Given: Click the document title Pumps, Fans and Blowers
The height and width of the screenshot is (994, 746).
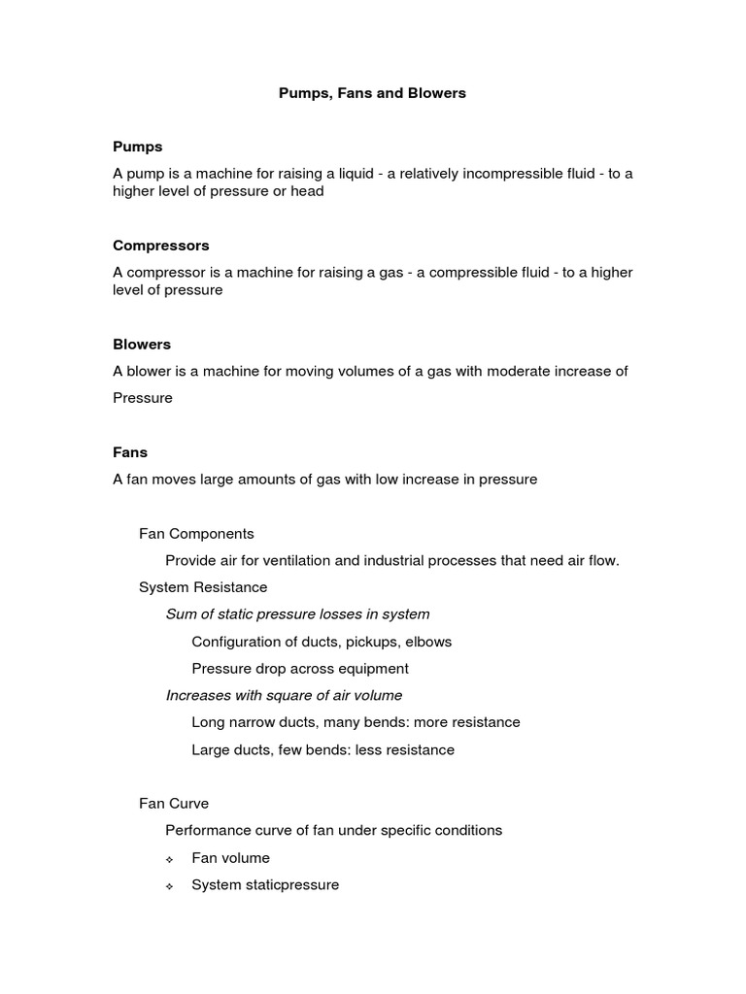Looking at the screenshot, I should click(x=372, y=93).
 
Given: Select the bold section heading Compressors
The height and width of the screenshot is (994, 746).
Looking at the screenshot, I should click(x=161, y=246).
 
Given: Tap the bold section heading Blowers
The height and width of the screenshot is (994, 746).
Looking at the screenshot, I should click(x=142, y=344).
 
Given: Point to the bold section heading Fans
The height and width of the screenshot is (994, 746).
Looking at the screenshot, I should click(x=130, y=452).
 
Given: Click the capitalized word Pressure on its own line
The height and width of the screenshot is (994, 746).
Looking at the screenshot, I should click(x=143, y=398).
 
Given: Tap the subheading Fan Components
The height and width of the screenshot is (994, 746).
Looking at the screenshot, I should click(x=196, y=534).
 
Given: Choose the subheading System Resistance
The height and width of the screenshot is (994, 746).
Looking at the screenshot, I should click(x=203, y=587).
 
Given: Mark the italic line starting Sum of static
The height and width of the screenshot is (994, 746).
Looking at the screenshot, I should click(x=297, y=614).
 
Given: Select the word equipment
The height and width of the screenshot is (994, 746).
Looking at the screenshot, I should click(x=374, y=669).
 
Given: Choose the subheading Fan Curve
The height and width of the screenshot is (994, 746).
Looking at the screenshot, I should click(x=174, y=804).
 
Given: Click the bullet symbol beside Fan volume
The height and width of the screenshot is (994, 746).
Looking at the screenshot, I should click(x=169, y=859).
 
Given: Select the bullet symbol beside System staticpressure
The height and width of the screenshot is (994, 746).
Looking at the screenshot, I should click(x=169, y=886).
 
